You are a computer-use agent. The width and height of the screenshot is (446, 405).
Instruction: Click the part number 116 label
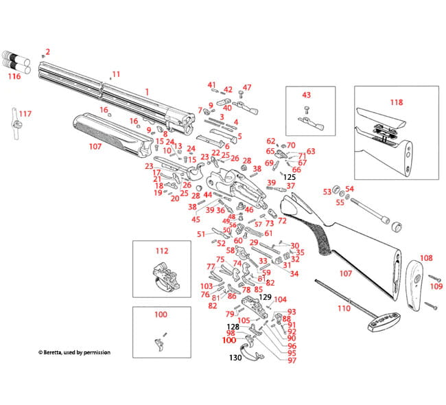click(14, 76)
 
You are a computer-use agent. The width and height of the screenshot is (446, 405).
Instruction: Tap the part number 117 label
click(25, 113)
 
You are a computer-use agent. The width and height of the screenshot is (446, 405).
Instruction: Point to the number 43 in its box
click(306, 95)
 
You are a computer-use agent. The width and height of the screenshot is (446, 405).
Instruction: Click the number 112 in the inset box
click(161, 251)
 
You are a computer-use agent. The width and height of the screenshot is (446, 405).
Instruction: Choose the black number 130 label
click(235, 358)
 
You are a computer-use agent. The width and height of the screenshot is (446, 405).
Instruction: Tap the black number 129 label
click(266, 297)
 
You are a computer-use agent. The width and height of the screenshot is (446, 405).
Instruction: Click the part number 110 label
click(344, 309)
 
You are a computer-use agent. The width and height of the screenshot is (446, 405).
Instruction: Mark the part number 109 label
click(436, 286)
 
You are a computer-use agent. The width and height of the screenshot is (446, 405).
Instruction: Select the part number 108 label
click(426, 259)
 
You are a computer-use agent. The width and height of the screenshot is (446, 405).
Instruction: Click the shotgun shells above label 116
click(15, 60)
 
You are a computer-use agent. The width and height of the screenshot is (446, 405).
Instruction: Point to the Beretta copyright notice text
click(73, 352)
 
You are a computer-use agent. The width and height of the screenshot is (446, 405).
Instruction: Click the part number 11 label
click(116, 74)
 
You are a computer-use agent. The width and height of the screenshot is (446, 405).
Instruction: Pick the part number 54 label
click(349, 189)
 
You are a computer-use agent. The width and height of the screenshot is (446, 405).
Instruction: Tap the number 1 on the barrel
click(146, 91)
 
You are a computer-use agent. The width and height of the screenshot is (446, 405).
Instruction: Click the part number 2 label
click(47, 51)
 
